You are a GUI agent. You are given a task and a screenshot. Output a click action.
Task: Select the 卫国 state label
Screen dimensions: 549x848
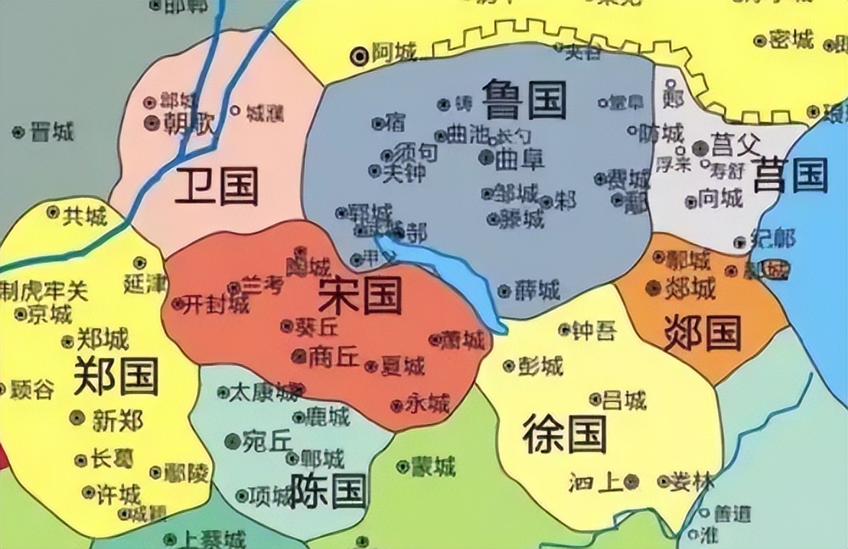[x=216, y=187]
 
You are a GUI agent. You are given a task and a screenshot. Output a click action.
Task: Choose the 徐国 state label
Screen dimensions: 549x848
[x=565, y=434]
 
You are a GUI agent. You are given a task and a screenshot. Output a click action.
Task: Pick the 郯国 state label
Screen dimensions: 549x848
[x=702, y=333]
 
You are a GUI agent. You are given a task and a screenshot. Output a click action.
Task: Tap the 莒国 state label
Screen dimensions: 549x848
[x=790, y=175]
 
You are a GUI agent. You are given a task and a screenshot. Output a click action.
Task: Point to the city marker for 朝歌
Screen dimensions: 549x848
[x=151, y=122]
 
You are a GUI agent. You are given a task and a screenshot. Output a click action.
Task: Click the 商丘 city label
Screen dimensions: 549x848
[x=333, y=355]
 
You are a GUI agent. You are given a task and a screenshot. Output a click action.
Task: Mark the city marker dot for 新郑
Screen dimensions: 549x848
[x=77, y=417]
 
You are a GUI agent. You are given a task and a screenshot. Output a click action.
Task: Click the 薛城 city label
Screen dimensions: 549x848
[x=537, y=290]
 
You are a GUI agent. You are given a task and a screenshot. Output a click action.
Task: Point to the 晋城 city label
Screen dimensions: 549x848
[x=53, y=132]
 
